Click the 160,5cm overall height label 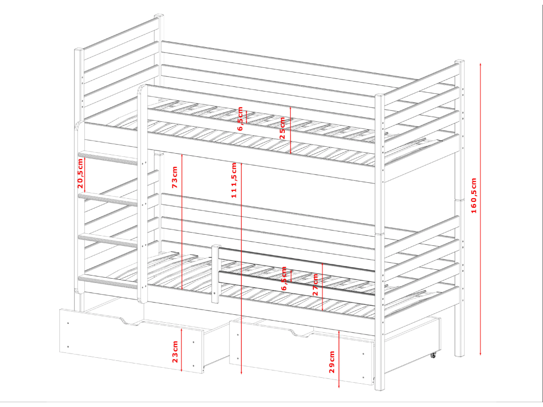tap(474, 196)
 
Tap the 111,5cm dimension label tap(234, 180)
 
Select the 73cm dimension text tap(174, 177)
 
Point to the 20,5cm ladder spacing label tap(80, 173)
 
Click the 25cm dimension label tap(282, 128)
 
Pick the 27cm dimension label tap(315, 285)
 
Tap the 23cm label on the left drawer tap(175, 352)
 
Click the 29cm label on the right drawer tap(332, 361)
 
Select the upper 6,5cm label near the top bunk tap(240, 118)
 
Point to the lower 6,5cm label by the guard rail tap(284, 279)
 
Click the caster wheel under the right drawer tap(433, 356)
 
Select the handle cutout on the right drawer tap(303, 333)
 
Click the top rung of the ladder tap(109, 156)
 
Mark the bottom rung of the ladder tap(109, 281)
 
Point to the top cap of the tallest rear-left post tap(159, 16)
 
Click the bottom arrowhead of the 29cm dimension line tap(339, 386)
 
